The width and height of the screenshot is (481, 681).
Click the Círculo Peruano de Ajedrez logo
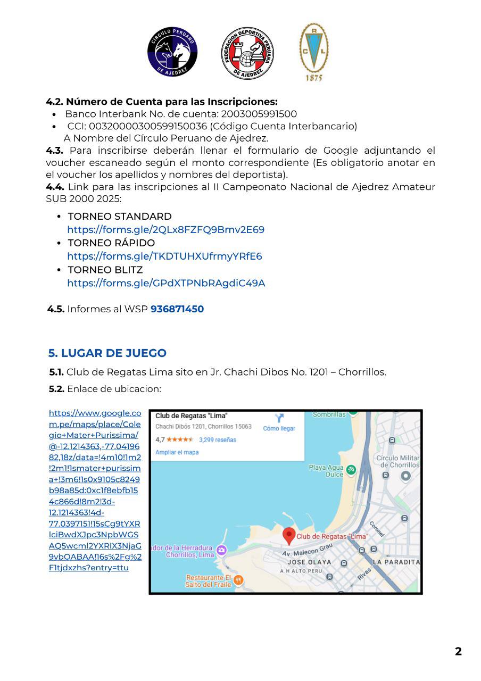[172, 52]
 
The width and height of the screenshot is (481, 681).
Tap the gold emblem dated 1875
[313, 52]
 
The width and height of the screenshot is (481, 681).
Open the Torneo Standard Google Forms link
[165, 230]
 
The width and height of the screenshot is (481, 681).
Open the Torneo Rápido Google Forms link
[164, 256]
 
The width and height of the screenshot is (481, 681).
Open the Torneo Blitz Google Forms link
[165, 283]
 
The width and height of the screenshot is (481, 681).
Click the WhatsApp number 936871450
[177, 309]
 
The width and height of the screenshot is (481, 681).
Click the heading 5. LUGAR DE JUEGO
[107, 353]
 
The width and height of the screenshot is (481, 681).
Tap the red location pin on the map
[288, 535]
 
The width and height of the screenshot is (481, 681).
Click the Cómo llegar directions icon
[279, 418]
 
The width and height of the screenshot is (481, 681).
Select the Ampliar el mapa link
[177, 452]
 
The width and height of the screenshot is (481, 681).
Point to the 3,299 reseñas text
[217, 440]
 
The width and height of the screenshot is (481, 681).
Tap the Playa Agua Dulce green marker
[351, 470]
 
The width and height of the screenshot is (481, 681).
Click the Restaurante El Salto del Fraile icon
[238, 579]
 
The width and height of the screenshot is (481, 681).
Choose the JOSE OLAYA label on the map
[310, 562]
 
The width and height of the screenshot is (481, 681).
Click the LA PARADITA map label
[396, 562]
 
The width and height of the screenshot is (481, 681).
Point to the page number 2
[458, 651]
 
